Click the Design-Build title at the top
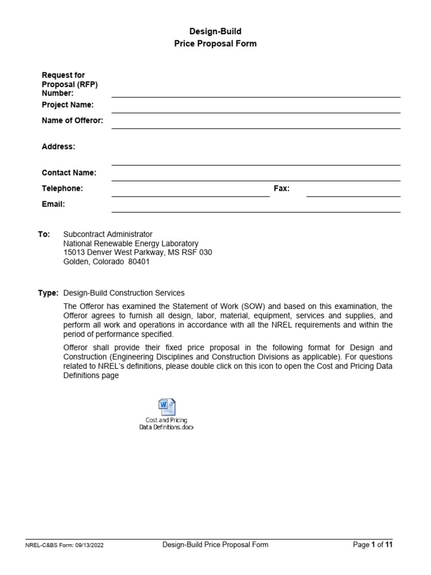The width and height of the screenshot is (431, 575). tap(215, 31)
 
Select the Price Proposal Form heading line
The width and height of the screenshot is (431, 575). tap(215, 44)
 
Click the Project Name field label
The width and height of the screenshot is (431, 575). tap(68, 105)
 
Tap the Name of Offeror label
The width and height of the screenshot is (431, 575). tap(72, 121)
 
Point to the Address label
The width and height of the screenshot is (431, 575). tap(58, 147)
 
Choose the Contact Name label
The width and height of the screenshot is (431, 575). tap(69, 173)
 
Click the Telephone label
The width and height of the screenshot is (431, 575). tap(62, 189)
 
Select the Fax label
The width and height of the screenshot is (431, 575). tap(282, 189)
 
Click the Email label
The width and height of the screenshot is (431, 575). tap(53, 204)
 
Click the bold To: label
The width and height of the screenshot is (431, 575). tap(44, 234)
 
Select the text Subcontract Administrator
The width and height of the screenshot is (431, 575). tap(108, 234)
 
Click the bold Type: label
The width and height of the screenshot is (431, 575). tap(48, 293)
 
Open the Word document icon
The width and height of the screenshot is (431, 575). tap(167, 406)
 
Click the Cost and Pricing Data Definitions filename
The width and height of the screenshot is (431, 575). tap(166, 423)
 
